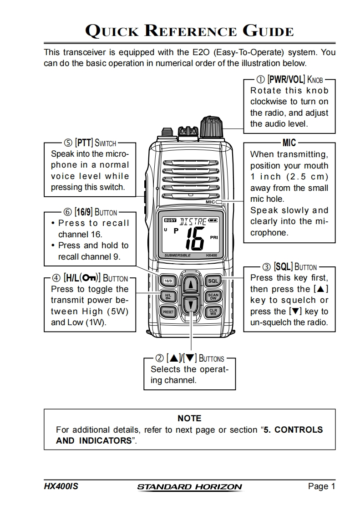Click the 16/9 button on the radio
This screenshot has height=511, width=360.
pos(168,281)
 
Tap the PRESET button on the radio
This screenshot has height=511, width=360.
pos(168,312)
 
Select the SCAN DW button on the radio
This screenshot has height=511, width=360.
pos(213,296)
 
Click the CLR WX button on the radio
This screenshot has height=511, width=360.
pos(213,312)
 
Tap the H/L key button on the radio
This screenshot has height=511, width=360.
pos(168,296)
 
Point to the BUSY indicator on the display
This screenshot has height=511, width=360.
pos(170,220)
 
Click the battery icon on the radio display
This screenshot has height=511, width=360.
pos(213,220)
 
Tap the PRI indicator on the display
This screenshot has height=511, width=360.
pos(213,237)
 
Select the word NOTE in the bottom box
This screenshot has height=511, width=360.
pos(189,418)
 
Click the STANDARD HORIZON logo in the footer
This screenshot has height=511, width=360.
pos(189,487)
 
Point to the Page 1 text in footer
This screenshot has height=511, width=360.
pos(321,486)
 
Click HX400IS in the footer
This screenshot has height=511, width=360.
pos(61,486)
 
